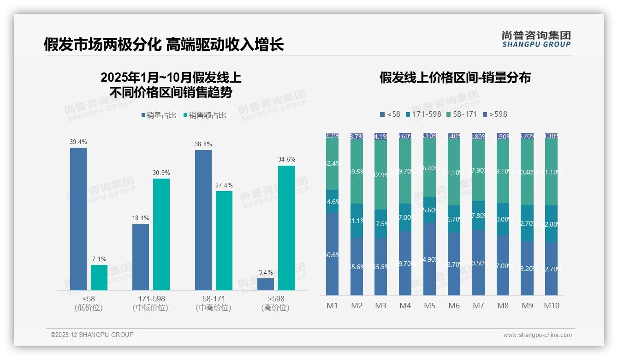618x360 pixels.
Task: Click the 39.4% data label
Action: [78, 142]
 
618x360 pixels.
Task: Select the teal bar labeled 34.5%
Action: [286, 228]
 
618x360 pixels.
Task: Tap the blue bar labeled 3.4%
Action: [266, 284]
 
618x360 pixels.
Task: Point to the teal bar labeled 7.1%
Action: [99, 277]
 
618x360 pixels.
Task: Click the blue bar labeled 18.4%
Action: [141, 257]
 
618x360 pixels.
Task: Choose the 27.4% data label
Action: [224, 185]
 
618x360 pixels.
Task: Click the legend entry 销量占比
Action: [158, 115]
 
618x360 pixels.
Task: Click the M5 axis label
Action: [429, 306]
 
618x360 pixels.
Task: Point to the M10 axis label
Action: [551, 306]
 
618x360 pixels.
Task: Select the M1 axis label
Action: [332, 306]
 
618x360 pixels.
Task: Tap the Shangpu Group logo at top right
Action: [536, 39]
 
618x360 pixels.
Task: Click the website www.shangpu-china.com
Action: [537, 335]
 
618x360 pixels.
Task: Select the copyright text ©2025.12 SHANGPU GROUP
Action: [92, 335]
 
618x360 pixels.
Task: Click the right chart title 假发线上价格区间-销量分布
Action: [455, 78]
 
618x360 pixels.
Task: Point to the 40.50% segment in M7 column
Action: [478, 263]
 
